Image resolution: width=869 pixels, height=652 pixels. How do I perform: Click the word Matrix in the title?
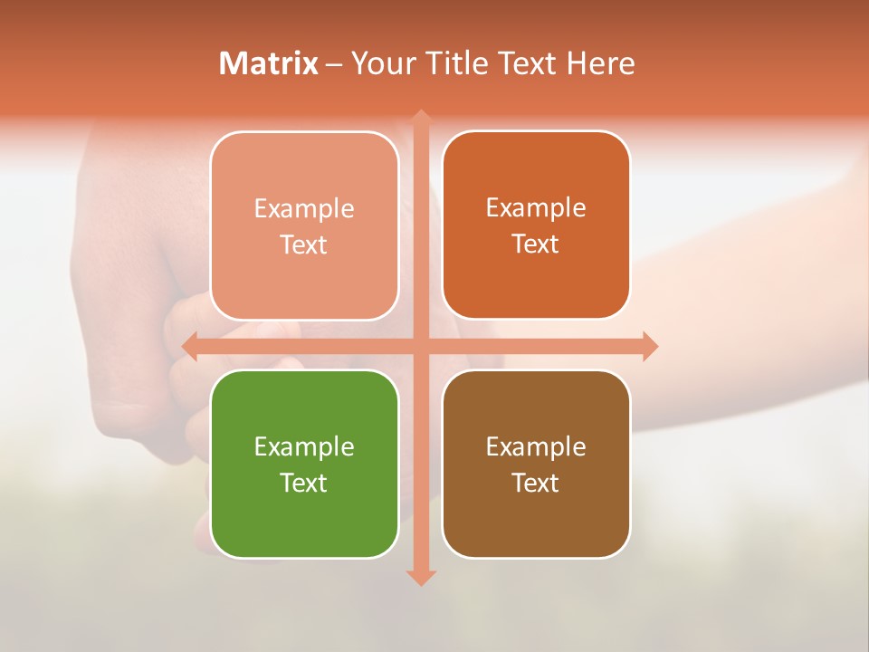point(269,63)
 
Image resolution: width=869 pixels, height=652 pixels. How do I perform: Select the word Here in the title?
point(600,63)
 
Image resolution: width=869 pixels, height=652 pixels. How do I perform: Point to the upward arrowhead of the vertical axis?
point(420,117)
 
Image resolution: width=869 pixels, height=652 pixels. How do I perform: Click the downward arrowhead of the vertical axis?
point(420,578)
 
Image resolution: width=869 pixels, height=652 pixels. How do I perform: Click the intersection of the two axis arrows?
point(420,346)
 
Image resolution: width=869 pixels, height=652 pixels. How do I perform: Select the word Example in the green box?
point(304,446)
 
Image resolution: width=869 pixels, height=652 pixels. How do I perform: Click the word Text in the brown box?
point(536,483)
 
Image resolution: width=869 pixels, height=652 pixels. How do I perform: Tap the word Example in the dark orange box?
point(536,207)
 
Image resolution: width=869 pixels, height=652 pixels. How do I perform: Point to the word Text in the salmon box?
point(304,244)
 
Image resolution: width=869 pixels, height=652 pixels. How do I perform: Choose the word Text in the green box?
point(304,483)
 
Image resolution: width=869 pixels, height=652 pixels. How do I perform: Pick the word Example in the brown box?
point(536,446)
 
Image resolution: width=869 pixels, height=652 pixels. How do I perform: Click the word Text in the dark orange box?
point(536,244)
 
